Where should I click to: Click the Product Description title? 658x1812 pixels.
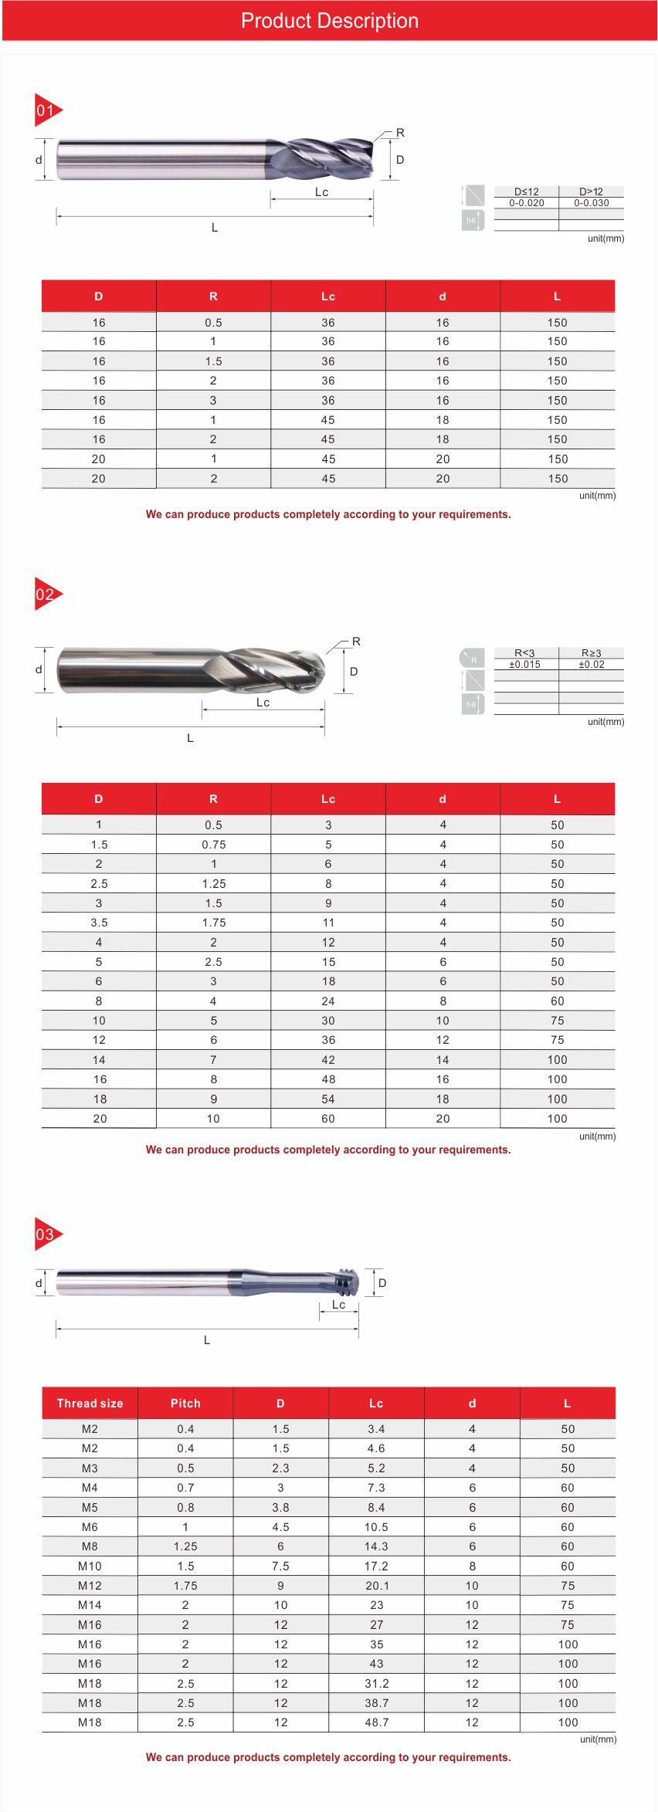[329, 21]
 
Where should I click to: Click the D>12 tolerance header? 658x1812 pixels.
[591, 191]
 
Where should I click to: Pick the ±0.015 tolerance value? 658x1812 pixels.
[524, 664]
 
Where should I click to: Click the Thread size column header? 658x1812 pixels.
[90, 1403]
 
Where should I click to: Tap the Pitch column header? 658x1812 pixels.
[185, 1403]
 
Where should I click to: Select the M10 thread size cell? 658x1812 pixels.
[90, 1566]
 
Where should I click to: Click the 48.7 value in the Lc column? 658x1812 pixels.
[376, 1722]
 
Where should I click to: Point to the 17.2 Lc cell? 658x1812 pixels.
[376, 1566]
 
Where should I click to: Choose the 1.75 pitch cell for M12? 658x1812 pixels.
[185, 1585]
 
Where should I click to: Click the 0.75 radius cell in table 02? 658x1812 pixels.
[213, 845]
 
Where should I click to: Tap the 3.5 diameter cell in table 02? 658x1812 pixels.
[99, 923]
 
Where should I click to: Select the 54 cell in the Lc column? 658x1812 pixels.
[328, 1099]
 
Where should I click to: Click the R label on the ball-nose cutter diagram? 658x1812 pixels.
[356, 642]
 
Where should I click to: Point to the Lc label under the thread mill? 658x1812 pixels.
[338, 1304]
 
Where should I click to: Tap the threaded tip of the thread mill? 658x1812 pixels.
[349, 1282]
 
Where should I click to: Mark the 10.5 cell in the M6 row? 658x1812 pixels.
[376, 1526]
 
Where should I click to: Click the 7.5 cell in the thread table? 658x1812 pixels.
[280, 1566]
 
